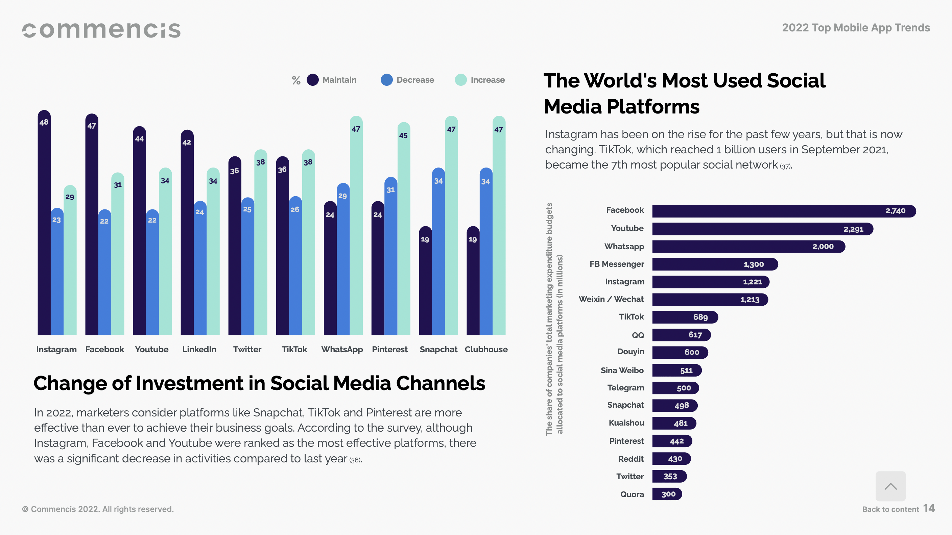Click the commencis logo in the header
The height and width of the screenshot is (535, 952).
(x=101, y=30)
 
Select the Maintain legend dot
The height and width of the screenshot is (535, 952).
(x=313, y=80)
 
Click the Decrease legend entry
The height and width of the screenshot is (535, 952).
(x=408, y=80)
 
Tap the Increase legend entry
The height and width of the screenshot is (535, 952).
(x=480, y=80)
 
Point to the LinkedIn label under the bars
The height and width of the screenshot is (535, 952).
(x=199, y=349)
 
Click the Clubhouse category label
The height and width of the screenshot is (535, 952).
(x=486, y=349)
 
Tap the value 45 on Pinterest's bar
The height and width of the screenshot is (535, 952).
(x=403, y=135)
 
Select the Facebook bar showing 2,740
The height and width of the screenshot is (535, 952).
(x=784, y=211)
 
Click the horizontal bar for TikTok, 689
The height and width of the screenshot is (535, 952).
(x=685, y=317)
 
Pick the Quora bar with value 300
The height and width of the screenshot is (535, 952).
(x=667, y=494)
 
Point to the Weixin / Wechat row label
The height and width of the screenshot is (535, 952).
(x=611, y=299)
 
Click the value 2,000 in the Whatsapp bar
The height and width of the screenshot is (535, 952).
(x=823, y=247)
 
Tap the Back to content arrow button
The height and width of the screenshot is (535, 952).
(x=890, y=486)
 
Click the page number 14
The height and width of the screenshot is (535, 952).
(x=929, y=508)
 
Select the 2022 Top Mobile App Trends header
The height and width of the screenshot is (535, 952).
(x=856, y=28)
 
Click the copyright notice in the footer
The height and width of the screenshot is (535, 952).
(x=98, y=509)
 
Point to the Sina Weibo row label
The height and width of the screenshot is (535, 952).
(x=622, y=370)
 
